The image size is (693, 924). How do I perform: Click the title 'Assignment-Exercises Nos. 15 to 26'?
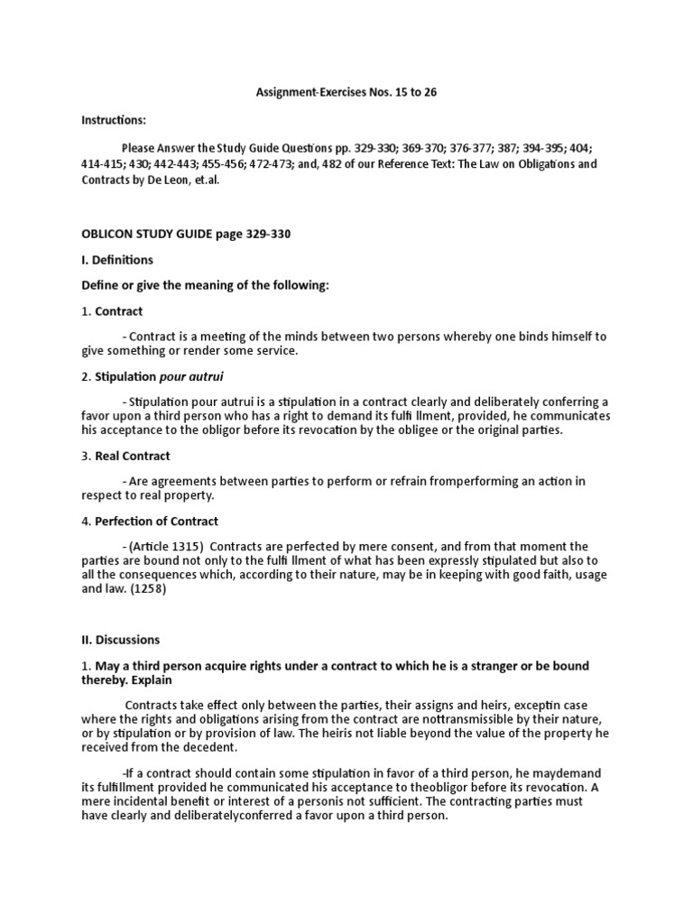click(347, 93)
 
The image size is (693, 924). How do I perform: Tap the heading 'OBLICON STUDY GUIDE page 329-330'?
click(187, 234)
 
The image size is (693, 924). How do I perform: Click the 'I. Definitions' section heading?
click(118, 260)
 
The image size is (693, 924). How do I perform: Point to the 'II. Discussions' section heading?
click(121, 640)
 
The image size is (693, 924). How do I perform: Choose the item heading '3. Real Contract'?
click(126, 456)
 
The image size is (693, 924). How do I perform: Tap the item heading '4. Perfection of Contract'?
click(151, 521)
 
